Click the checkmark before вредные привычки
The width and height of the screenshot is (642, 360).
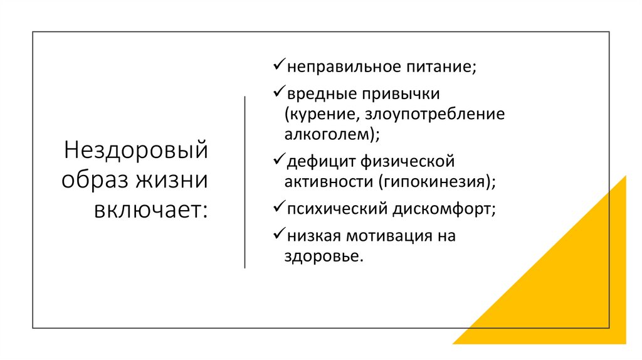tap(279, 93)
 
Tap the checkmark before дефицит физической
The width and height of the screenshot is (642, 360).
tap(279, 161)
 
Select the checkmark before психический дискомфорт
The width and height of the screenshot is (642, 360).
tap(279, 208)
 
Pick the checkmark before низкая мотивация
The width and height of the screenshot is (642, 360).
tap(279, 235)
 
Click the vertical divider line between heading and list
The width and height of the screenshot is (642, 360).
tap(245, 182)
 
